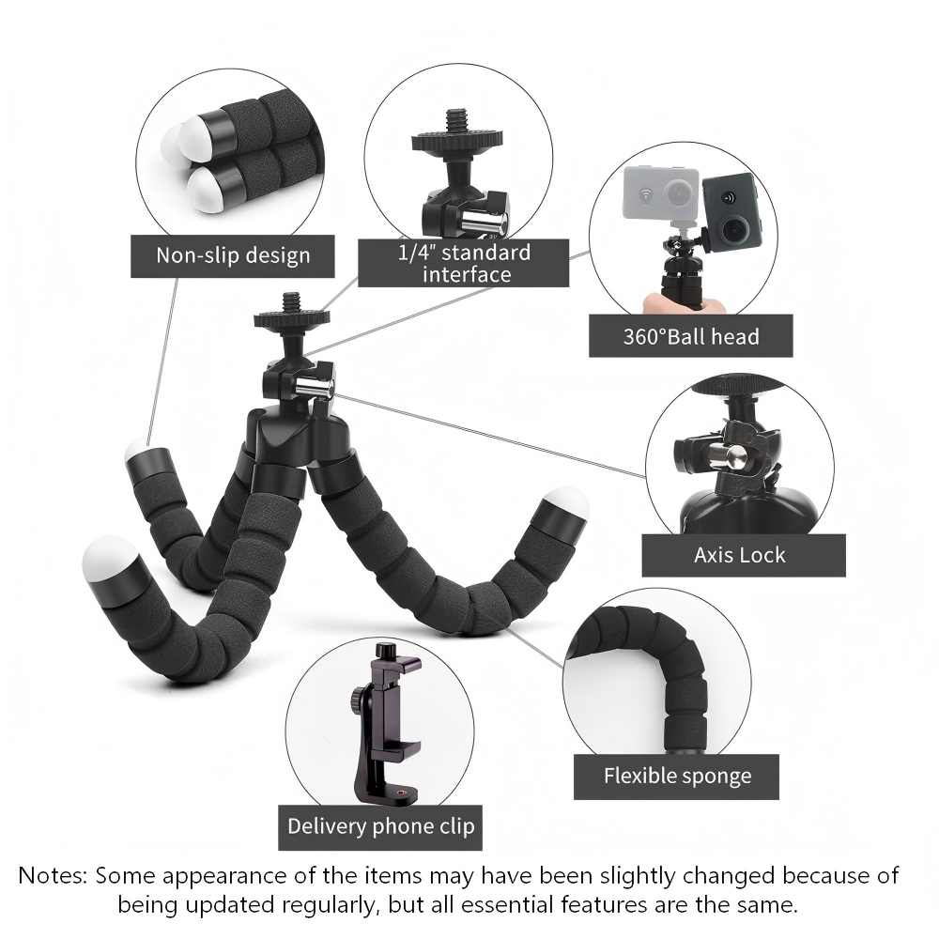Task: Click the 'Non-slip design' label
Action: (233, 254)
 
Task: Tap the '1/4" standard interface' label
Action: (465, 263)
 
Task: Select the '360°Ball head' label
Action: (690, 336)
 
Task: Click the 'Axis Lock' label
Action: (740, 555)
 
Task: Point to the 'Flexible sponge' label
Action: (677, 777)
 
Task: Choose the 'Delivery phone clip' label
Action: (380, 826)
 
